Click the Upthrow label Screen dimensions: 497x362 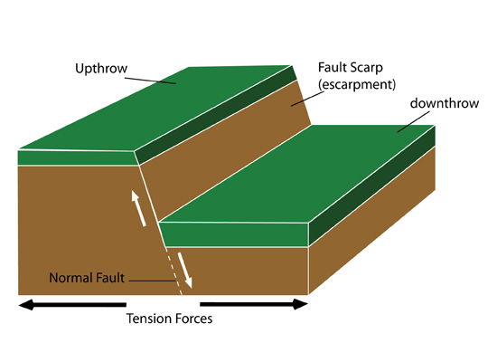click(x=101, y=69)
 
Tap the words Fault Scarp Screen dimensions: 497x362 click(x=351, y=68)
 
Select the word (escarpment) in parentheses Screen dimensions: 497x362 click(x=357, y=84)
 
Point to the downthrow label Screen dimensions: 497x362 click(x=445, y=103)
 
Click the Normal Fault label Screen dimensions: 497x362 click(x=87, y=278)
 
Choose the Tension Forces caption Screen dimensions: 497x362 click(x=169, y=319)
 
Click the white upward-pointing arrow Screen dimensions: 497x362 click(x=138, y=208)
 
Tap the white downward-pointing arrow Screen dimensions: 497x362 click(x=184, y=270)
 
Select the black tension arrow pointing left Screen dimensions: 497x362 click(x=72, y=304)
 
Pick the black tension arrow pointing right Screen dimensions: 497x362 click(x=254, y=304)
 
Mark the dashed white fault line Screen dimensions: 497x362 click(x=173, y=271)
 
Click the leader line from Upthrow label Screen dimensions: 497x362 click(x=150, y=81)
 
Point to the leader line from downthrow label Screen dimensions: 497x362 click(x=413, y=121)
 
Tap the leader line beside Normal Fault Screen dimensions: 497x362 click(x=152, y=281)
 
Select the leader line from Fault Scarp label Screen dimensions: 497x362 click(x=307, y=99)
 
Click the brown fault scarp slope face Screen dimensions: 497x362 click(x=222, y=149)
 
